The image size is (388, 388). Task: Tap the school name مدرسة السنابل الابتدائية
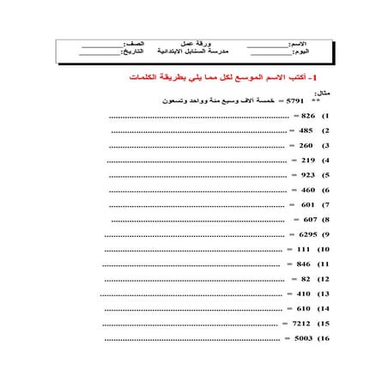pyautogui.click(x=191, y=51)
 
